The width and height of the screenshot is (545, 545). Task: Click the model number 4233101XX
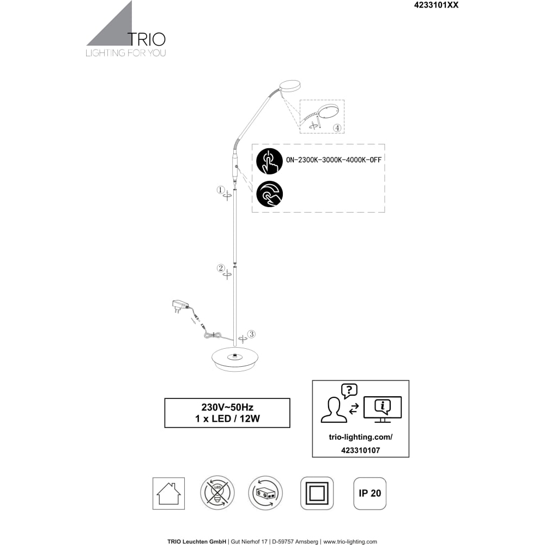click(436, 5)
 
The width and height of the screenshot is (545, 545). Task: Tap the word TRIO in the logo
click(146, 40)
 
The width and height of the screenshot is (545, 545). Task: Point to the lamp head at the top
click(290, 86)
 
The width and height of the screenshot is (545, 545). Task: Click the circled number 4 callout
click(337, 128)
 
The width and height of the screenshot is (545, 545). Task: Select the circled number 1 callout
click(220, 190)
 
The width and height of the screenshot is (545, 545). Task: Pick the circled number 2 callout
click(221, 268)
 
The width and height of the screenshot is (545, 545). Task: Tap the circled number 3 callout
click(251, 334)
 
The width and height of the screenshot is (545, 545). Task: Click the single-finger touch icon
click(269, 161)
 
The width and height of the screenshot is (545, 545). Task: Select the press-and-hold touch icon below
click(269, 194)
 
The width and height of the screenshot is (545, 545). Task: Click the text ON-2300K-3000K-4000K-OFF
click(334, 160)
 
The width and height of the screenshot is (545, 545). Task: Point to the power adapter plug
click(180, 306)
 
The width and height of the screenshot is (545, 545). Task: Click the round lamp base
click(234, 359)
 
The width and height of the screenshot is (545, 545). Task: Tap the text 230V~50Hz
click(227, 407)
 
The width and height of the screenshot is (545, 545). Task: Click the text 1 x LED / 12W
click(227, 419)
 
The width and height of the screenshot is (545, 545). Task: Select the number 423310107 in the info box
click(360, 451)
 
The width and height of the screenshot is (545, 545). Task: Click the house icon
click(168, 494)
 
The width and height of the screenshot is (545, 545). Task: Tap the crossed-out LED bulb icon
click(217, 493)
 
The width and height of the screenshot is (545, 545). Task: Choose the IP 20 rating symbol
click(370, 494)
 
